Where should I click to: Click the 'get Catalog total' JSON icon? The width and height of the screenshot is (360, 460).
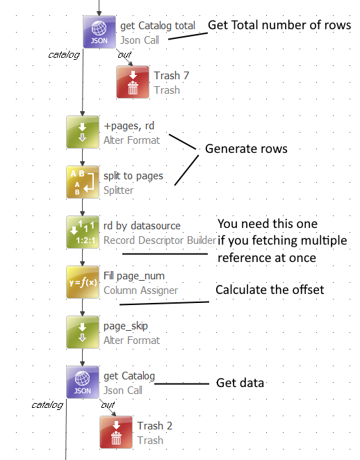pos(99,32)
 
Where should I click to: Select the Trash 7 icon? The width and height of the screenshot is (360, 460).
pos(133,82)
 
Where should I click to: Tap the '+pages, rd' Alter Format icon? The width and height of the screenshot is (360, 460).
pos(83,132)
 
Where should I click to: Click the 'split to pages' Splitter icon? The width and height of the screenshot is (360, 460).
pos(83,182)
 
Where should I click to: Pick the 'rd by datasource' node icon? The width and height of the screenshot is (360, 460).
pos(83,232)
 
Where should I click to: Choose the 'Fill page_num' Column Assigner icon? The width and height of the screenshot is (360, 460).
pos(83,282)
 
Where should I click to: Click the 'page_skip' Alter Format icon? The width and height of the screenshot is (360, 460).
pos(83,332)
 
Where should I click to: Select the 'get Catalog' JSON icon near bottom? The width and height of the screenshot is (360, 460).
pos(83,382)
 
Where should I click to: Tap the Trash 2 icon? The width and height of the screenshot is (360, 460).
pos(116,432)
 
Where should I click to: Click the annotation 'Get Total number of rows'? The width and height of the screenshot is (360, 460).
pos(279,25)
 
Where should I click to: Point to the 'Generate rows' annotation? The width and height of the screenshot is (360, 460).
pos(246,149)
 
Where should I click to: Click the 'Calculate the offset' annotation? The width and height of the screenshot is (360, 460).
pos(270,290)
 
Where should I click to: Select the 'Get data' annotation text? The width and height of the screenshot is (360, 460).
pos(240,383)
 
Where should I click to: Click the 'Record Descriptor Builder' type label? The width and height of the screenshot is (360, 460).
pos(160,240)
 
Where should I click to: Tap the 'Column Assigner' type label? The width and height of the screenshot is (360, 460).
pos(140,290)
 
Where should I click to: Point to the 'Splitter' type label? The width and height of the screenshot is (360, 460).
pos(119,190)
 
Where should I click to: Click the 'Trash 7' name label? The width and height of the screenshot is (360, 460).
pos(172,76)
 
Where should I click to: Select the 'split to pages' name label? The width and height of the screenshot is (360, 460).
pos(133,176)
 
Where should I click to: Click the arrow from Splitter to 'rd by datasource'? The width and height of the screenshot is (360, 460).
pos(83,207)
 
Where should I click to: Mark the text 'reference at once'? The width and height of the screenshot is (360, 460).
pos(267,258)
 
